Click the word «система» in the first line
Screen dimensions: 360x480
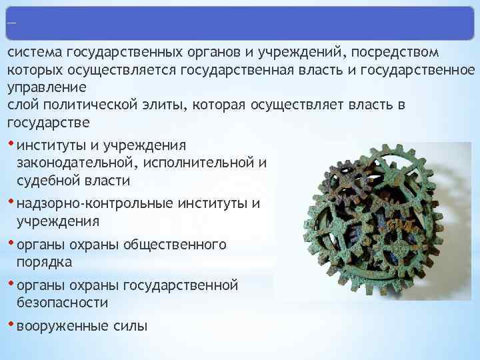tap(33, 53)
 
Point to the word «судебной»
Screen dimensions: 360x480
tap(46, 181)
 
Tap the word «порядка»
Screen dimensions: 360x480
tap(44, 262)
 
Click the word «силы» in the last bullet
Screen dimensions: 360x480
tap(131, 327)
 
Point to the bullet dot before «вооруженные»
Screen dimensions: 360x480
tap(11, 325)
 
